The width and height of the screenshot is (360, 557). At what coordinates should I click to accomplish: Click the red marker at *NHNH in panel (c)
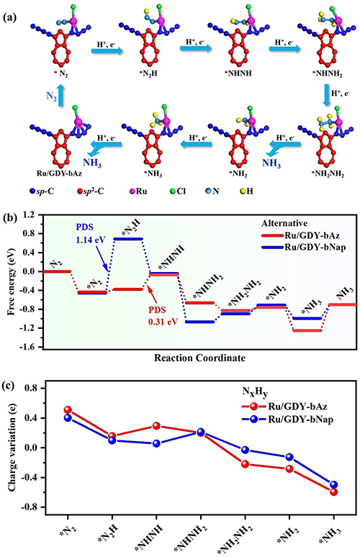click(x=156, y=425)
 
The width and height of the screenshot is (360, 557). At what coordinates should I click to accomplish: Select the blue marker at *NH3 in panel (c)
click(x=333, y=484)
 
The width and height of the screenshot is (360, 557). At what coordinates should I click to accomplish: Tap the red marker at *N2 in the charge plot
click(x=68, y=409)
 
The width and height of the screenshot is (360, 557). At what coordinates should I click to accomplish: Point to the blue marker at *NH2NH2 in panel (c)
click(x=245, y=450)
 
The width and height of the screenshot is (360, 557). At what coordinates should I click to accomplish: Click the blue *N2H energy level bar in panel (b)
click(x=127, y=239)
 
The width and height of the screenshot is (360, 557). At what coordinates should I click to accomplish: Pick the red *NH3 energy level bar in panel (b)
click(x=307, y=330)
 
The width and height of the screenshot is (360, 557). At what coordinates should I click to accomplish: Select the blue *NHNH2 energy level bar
click(x=199, y=322)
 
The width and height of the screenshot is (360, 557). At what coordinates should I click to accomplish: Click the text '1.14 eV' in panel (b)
click(x=90, y=240)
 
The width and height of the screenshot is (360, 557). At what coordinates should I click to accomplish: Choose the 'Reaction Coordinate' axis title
click(x=199, y=358)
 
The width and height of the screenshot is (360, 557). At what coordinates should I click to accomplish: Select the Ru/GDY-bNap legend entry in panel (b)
click(x=304, y=247)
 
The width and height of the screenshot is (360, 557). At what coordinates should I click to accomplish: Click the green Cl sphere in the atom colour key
click(x=171, y=191)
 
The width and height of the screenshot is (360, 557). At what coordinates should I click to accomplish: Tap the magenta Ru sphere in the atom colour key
click(x=131, y=191)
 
